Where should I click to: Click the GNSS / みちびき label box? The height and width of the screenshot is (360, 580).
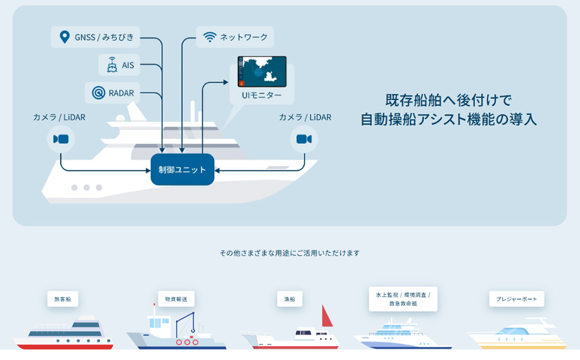pyautogui.click(x=97, y=38)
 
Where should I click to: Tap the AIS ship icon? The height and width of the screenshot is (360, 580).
pyautogui.click(x=112, y=65)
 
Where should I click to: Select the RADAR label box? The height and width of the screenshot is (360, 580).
pyautogui.click(x=114, y=92)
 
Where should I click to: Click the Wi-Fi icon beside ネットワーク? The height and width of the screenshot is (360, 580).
pyautogui.click(x=209, y=37)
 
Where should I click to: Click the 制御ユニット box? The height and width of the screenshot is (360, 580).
pyautogui.click(x=182, y=170)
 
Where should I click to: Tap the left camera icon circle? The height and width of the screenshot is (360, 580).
pyautogui.click(x=61, y=139)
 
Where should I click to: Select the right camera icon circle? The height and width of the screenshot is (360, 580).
pyautogui.click(x=304, y=139)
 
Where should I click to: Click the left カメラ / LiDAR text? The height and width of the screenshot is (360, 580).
pyautogui.click(x=59, y=117)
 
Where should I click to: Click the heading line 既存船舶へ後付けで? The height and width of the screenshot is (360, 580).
pyautogui.click(x=448, y=100)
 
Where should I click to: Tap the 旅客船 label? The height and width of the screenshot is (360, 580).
pyautogui.click(x=63, y=299)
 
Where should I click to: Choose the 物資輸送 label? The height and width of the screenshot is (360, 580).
pyautogui.click(x=176, y=299)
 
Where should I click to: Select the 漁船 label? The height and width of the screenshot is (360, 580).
pyautogui.click(x=289, y=299)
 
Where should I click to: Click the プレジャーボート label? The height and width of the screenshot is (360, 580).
pyautogui.click(x=516, y=299)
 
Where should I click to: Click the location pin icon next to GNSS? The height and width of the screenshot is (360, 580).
pyautogui.click(x=65, y=38)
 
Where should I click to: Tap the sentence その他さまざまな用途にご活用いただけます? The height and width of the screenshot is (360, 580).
pyautogui.click(x=289, y=253)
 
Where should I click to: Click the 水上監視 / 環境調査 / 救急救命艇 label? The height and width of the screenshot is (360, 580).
pyautogui.click(x=403, y=299)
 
